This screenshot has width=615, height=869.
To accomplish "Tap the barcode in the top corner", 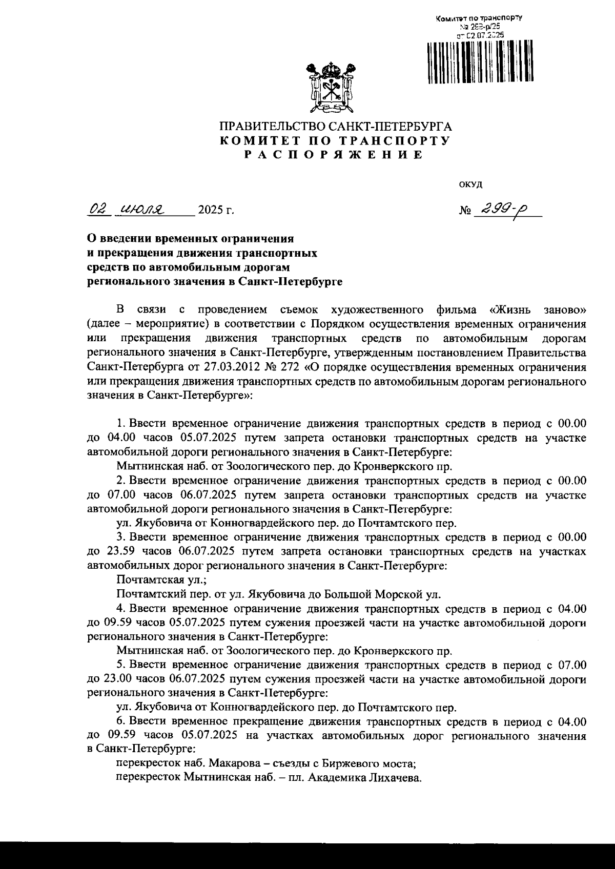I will (480, 61).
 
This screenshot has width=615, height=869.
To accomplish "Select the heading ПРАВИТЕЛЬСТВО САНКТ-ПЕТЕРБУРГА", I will (335, 126).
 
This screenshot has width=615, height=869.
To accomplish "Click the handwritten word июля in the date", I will (141, 209).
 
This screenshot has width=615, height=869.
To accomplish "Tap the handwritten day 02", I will (97, 209).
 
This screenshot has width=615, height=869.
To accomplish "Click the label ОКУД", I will (470, 184).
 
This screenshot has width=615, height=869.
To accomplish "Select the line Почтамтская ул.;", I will (161, 580).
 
